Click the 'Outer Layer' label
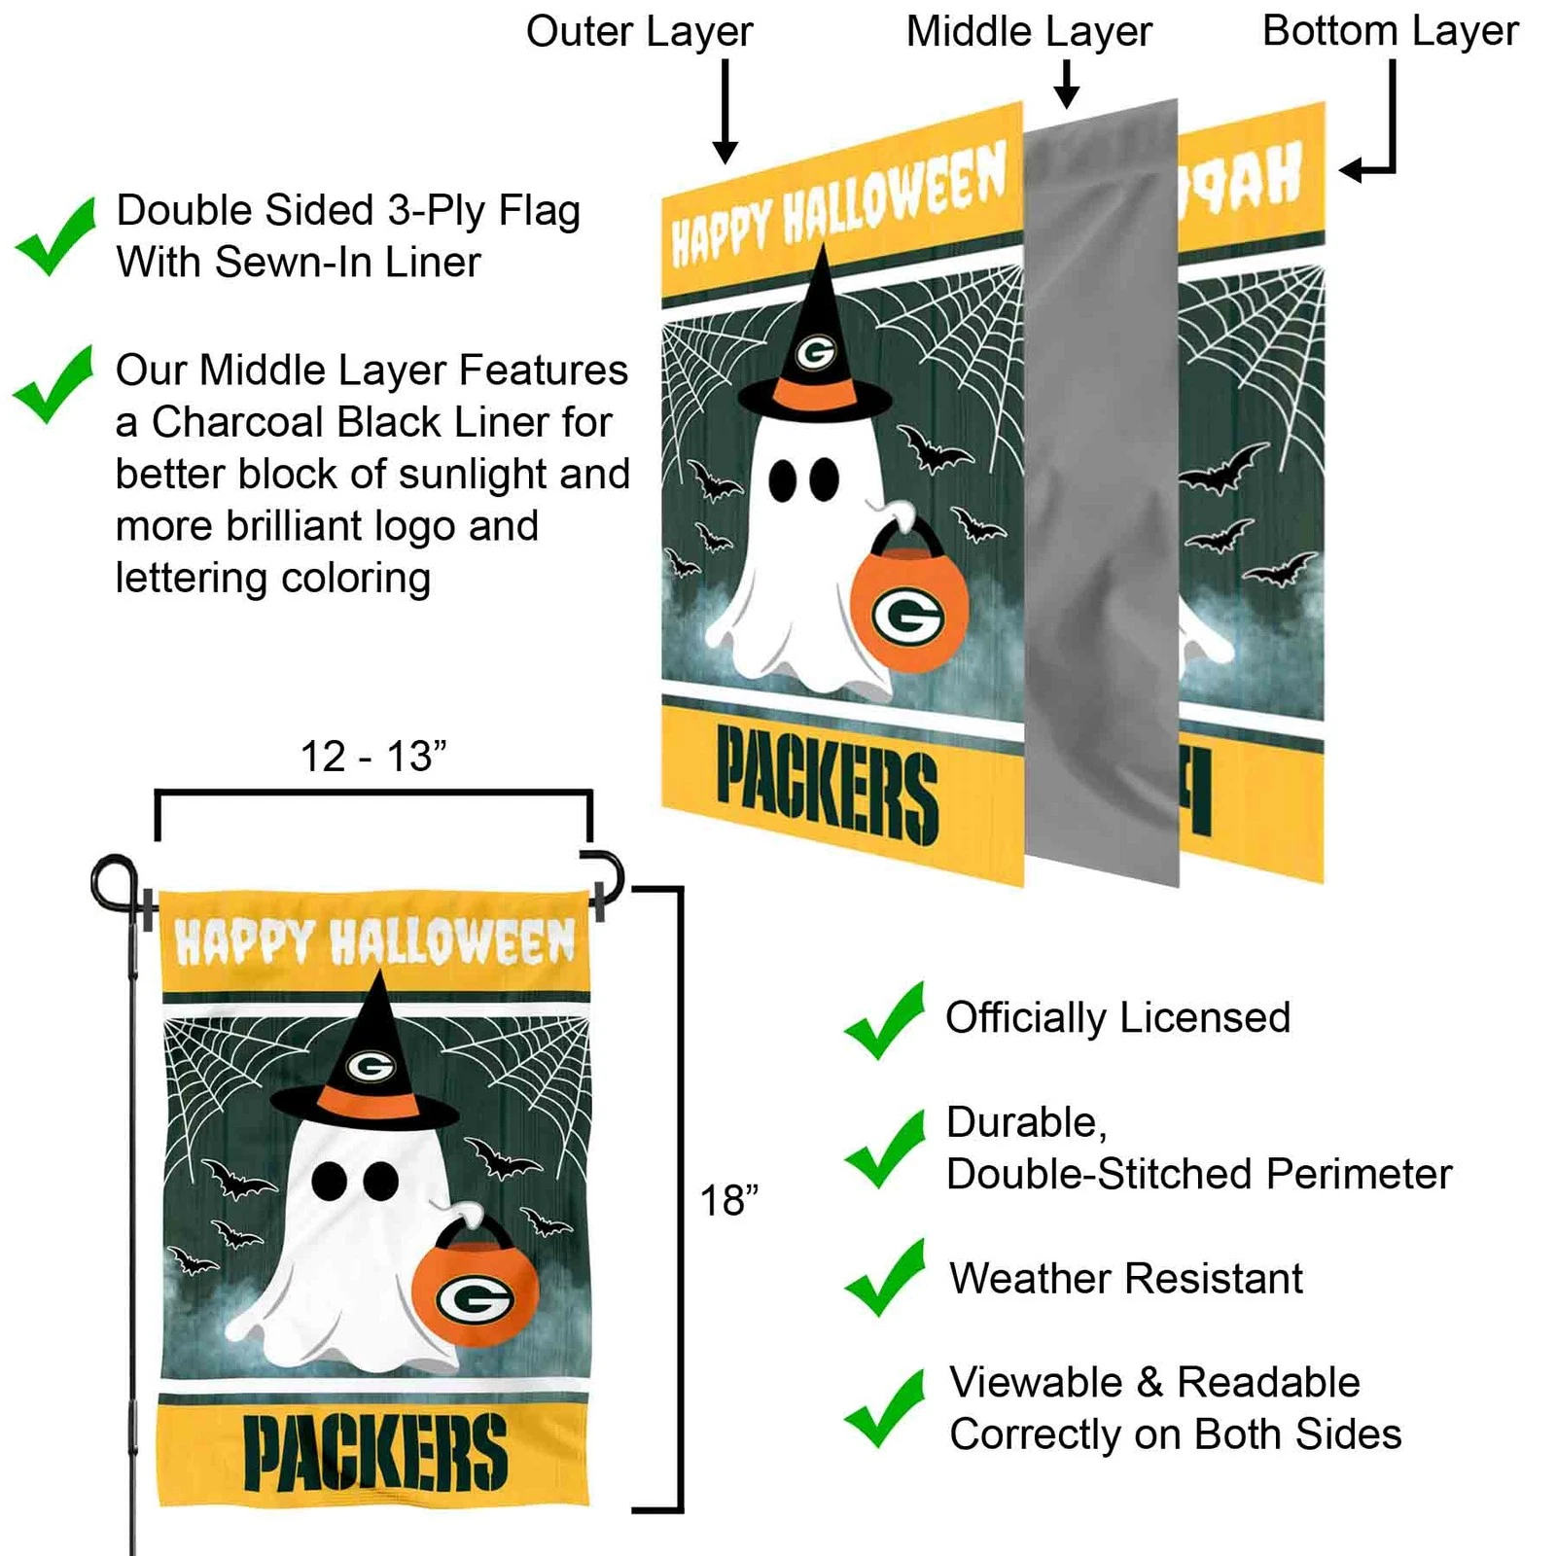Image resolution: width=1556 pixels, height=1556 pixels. pos(639,32)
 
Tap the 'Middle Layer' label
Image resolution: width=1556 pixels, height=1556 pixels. pos(1029,32)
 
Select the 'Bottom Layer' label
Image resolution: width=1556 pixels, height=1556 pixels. pos(1390,31)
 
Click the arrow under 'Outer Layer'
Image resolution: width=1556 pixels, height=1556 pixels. pos(725,112)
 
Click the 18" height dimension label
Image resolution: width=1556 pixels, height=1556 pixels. pos(728,1200)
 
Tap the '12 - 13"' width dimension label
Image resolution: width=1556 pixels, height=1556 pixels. pos(373,756)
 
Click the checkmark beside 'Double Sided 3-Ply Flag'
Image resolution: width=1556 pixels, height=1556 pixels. pos(56,236)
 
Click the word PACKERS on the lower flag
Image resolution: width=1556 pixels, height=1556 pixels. pos(374,1453)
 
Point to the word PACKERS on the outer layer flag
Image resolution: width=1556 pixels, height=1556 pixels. pos(827,787)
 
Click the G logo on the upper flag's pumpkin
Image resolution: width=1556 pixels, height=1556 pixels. pos(907,617)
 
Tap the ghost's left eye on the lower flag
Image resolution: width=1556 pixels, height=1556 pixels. pos(330,1180)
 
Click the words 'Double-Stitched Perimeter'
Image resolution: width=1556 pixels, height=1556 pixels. pos(1199,1174)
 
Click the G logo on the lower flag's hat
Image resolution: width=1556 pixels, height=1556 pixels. pos(371,1067)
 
